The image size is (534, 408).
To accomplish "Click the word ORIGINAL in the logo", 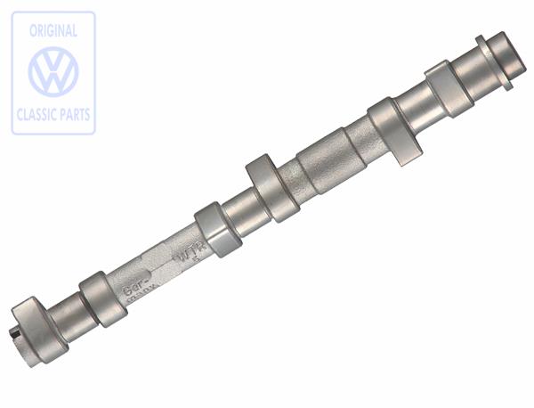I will point(53,30).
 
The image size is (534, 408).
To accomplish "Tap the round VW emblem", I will point(53,72).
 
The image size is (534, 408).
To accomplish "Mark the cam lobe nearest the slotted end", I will point(101,298).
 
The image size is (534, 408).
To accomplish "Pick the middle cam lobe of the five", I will point(271,187).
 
